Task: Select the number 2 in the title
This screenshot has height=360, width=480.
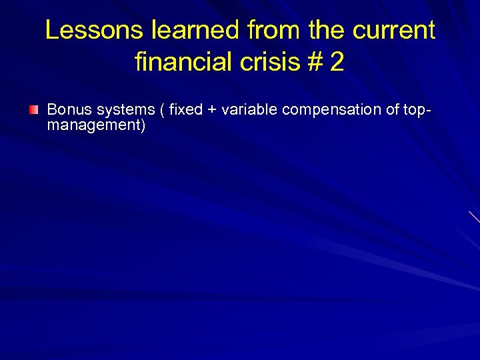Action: [x=337, y=63]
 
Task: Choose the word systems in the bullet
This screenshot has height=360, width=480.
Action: [x=124, y=109]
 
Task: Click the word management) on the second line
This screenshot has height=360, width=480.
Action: [x=96, y=125]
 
